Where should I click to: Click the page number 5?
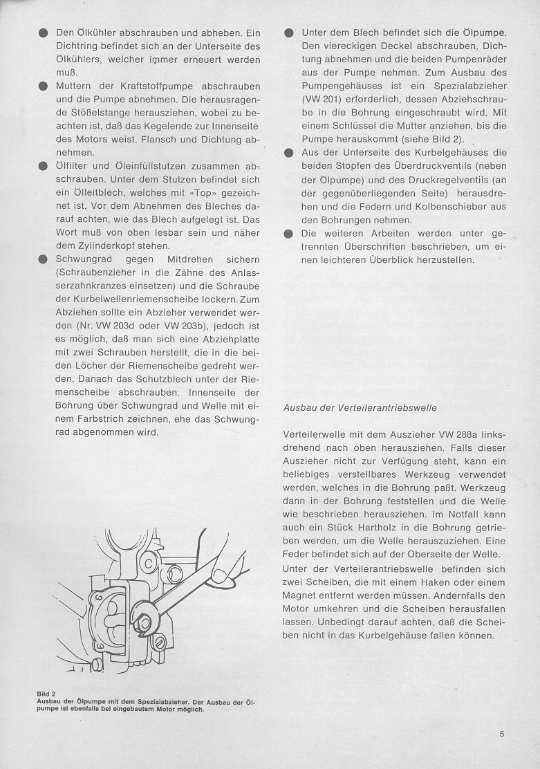(502, 735)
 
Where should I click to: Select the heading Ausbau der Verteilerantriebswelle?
(360, 407)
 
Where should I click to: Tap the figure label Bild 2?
(46, 694)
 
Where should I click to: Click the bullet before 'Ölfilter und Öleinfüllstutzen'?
(43, 166)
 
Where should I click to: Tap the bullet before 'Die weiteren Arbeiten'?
(288, 234)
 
